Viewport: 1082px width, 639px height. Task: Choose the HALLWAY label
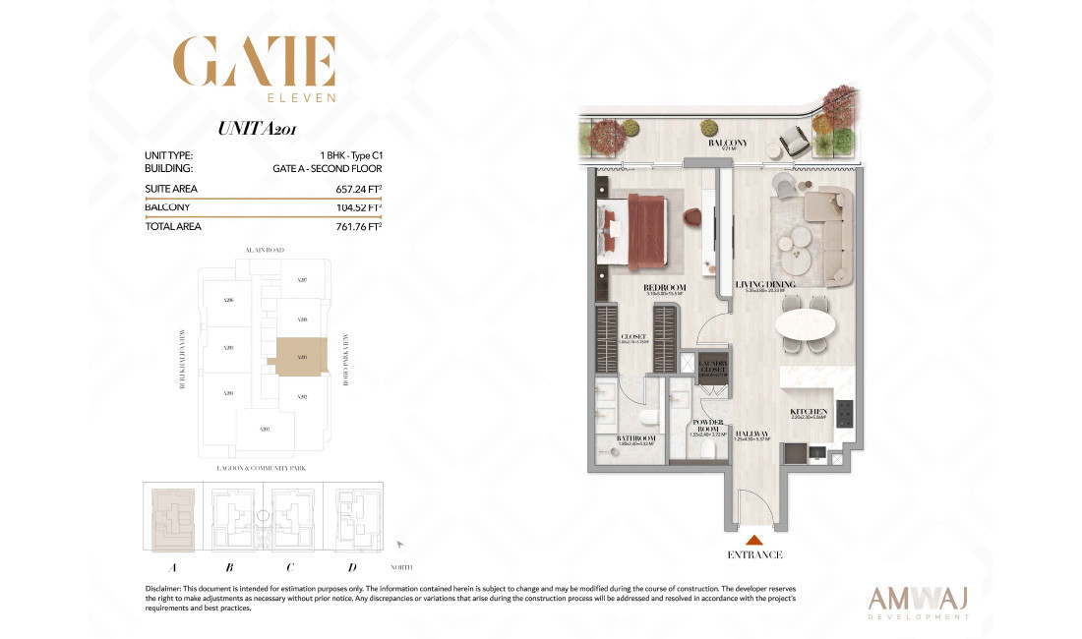tap(751, 434)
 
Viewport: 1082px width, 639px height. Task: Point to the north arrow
tap(399, 543)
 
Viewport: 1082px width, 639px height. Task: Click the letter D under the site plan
tap(352, 567)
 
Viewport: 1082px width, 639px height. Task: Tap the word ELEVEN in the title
tap(302, 97)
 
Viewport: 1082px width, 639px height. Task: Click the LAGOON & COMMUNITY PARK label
tap(261, 469)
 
